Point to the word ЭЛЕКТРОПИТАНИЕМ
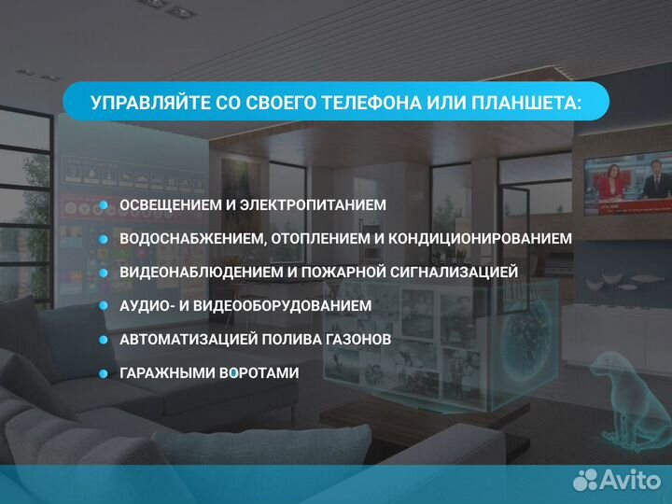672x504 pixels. tap(318, 204)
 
